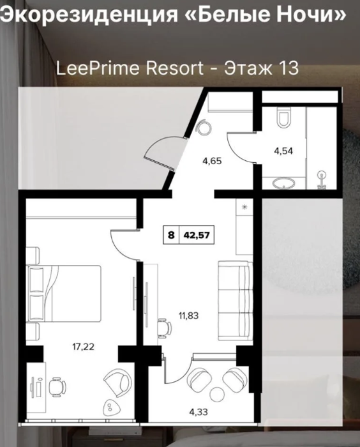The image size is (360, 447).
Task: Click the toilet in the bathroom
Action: click(284, 117)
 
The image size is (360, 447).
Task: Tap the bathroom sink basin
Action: click(283, 183)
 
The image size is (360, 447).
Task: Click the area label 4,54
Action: click(283, 151)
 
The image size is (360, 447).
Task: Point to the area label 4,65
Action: click(212, 161)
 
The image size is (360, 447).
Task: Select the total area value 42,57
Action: click(197, 235)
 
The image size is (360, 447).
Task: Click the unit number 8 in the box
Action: click(171, 235)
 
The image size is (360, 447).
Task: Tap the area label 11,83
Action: click(189, 315)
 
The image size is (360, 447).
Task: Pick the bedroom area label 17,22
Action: click(84, 347)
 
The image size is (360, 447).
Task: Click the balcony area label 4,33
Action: click(199, 412)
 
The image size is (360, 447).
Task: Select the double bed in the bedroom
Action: click(64, 294)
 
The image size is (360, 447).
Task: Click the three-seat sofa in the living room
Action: click(236, 301)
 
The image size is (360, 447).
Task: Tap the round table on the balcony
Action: click(218, 394)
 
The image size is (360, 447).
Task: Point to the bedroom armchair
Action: click(116, 380)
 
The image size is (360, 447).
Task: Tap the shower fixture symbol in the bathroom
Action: click(322, 180)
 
